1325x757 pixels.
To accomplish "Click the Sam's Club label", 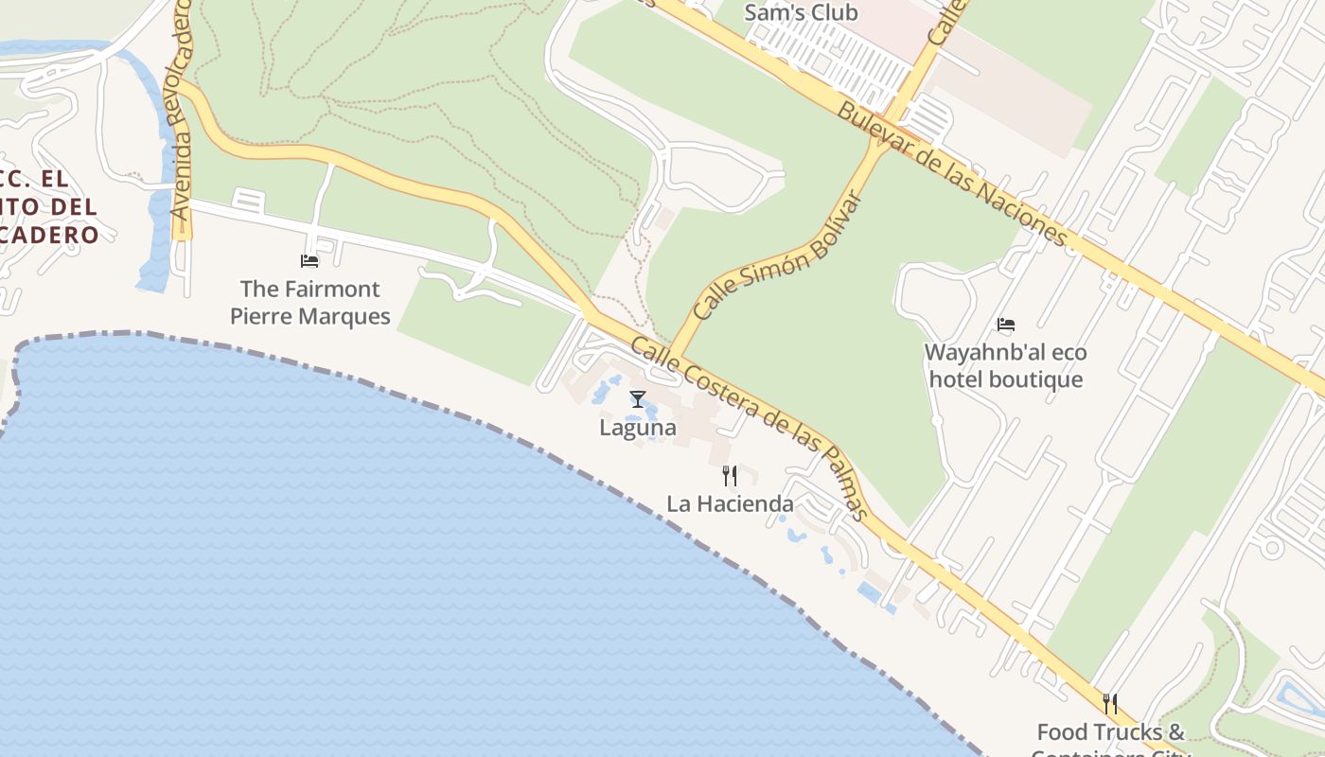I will tap(801, 12).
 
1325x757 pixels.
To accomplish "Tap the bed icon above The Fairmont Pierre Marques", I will tap(309, 260).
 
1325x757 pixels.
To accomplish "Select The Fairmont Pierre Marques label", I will tap(310, 303).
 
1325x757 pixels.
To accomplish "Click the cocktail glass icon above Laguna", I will tap(638, 399).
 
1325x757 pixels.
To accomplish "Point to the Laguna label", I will tap(638, 428).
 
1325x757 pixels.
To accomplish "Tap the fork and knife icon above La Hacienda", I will tap(730, 475).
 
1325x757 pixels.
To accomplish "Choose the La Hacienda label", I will tap(730, 503).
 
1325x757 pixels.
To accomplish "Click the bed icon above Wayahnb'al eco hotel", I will tap(1006, 325).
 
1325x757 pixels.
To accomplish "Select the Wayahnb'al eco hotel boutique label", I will tap(1005, 366).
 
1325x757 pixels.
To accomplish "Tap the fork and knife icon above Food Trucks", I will tap(1110, 703).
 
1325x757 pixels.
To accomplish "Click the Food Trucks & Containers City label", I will tap(1110, 739).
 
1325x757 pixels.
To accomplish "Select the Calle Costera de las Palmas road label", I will tap(749, 427).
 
